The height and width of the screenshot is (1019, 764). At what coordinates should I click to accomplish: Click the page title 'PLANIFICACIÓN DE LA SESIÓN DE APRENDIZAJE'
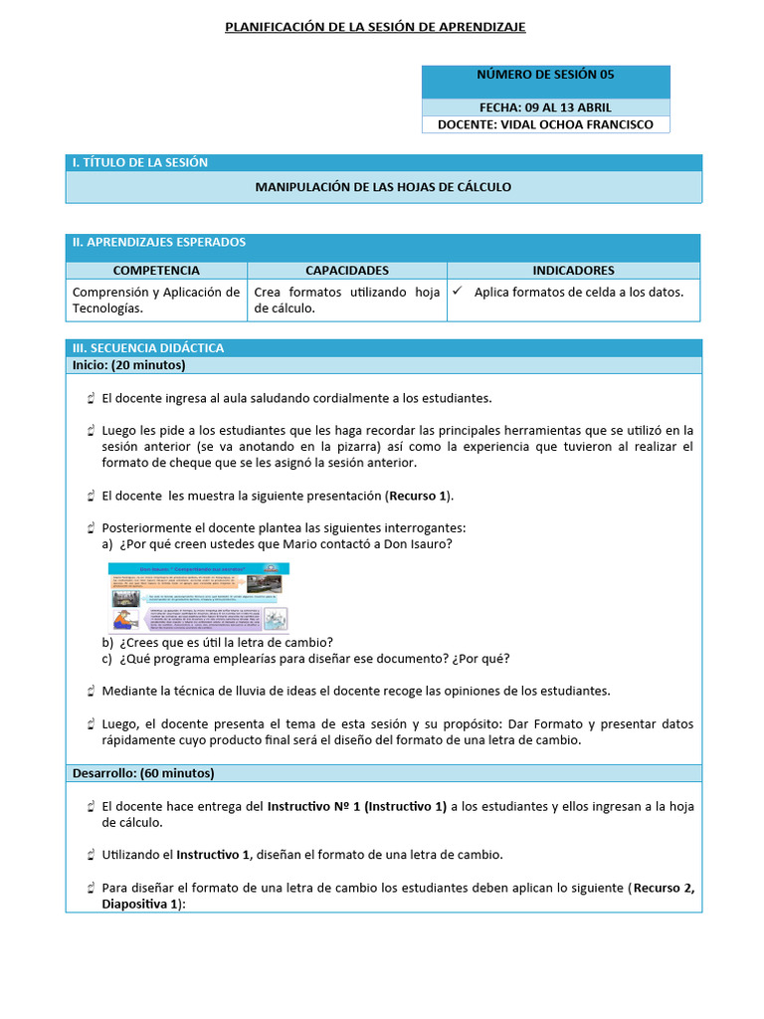coord(375,27)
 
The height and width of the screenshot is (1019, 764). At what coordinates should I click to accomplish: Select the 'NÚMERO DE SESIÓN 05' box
coord(545,75)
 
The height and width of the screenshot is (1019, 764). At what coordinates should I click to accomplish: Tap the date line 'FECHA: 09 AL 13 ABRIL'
coord(545,107)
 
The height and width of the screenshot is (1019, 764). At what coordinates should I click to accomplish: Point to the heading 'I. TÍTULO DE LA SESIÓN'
coord(140,162)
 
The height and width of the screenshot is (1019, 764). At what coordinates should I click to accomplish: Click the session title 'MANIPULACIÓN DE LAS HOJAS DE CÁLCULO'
coord(383,186)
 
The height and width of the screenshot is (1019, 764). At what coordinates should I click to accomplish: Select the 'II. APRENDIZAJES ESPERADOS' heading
coord(159,242)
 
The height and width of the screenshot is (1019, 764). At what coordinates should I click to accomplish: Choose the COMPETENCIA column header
coord(156,270)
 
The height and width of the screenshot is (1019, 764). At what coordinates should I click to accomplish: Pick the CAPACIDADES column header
coord(347,270)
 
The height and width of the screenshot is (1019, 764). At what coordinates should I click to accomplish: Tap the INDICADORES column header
coord(573,270)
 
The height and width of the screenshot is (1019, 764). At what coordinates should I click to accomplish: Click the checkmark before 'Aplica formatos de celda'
coord(458,293)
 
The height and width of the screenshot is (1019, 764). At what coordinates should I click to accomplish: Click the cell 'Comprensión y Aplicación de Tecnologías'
coord(156,300)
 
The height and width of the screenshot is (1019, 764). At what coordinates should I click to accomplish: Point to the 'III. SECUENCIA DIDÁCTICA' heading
coord(148,347)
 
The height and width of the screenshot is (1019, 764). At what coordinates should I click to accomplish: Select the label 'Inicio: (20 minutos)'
coord(129,365)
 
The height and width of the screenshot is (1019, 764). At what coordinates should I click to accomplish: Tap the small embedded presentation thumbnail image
coord(199,597)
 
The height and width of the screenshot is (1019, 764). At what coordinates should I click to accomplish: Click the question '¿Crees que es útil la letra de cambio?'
coord(226,642)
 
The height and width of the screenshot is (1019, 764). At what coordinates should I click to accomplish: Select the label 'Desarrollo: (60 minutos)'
coord(143,772)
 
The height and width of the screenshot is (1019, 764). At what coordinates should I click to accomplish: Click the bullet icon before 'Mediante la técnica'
coord(91,691)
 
